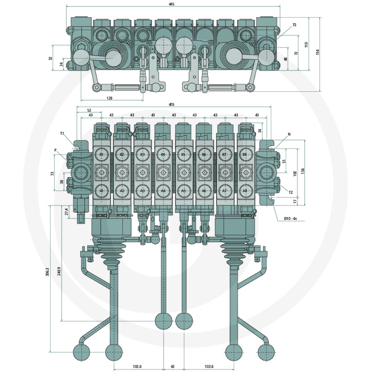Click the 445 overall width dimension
point(172,4)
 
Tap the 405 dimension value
point(172,104)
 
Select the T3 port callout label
point(294,25)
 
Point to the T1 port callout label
point(62,134)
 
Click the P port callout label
point(55,150)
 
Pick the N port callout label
point(289,134)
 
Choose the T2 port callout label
point(291,192)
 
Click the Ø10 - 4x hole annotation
point(290,218)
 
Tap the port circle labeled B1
point(102,154)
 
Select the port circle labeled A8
point(245,191)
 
